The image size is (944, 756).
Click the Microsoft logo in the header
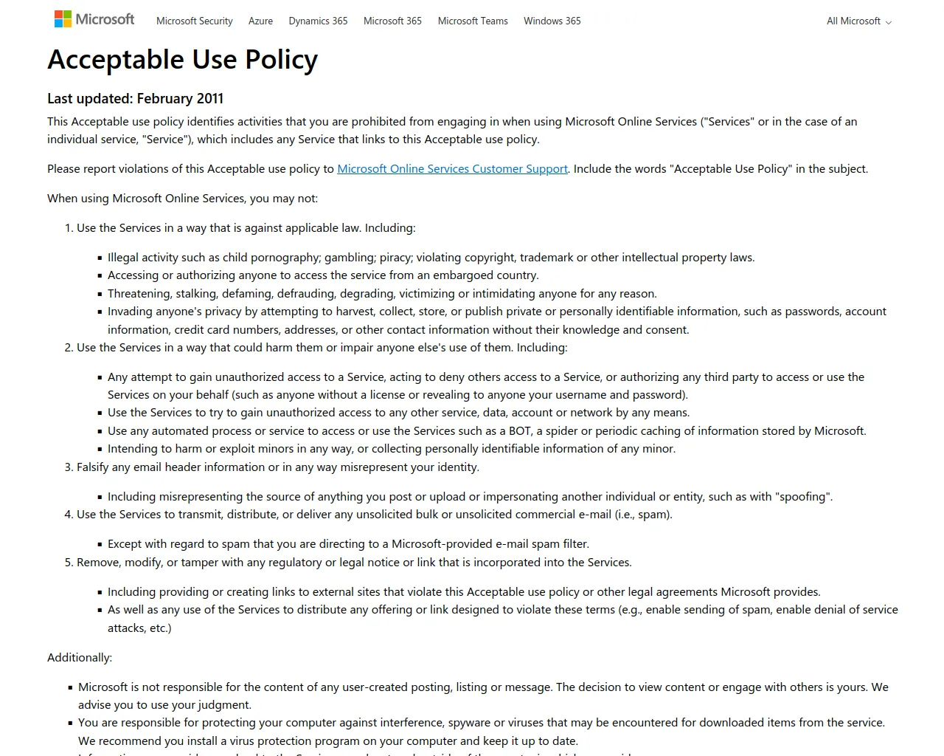(94, 19)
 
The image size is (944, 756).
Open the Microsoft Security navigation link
(194, 21)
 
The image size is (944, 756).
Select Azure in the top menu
(260, 21)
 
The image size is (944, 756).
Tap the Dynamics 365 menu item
(318, 21)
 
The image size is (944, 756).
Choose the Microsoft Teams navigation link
(473, 21)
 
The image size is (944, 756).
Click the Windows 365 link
(552, 21)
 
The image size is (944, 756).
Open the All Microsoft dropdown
(858, 21)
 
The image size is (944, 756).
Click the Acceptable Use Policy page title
(182, 59)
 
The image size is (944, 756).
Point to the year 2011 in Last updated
(210, 99)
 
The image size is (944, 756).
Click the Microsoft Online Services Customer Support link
(452, 169)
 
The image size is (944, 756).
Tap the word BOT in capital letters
(520, 431)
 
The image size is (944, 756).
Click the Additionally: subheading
(80, 658)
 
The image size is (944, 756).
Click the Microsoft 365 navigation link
(392, 21)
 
